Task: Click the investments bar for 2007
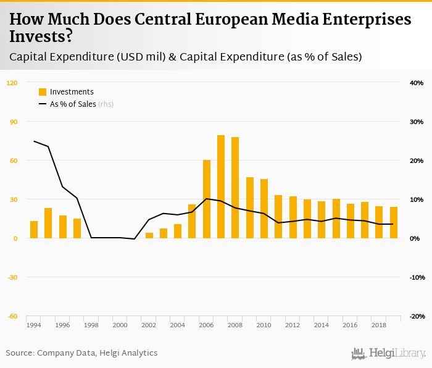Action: click(x=221, y=186)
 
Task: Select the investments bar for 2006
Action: click(x=207, y=199)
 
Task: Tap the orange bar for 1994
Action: click(x=34, y=230)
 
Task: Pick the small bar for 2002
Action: click(x=149, y=235)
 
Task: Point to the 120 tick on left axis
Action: click(x=12, y=83)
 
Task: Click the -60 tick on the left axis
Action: click(x=12, y=316)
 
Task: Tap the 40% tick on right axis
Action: click(x=416, y=83)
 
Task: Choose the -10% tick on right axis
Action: click(x=416, y=277)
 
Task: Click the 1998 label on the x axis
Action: click(x=91, y=325)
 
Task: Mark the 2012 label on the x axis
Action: click(x=293, y=325)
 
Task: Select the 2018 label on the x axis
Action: click(x=380, y=325)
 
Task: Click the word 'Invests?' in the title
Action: click(x=41, y=37)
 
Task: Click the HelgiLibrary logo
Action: click(x=388, y=353)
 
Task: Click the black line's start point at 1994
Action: click(x=34, y=141)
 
